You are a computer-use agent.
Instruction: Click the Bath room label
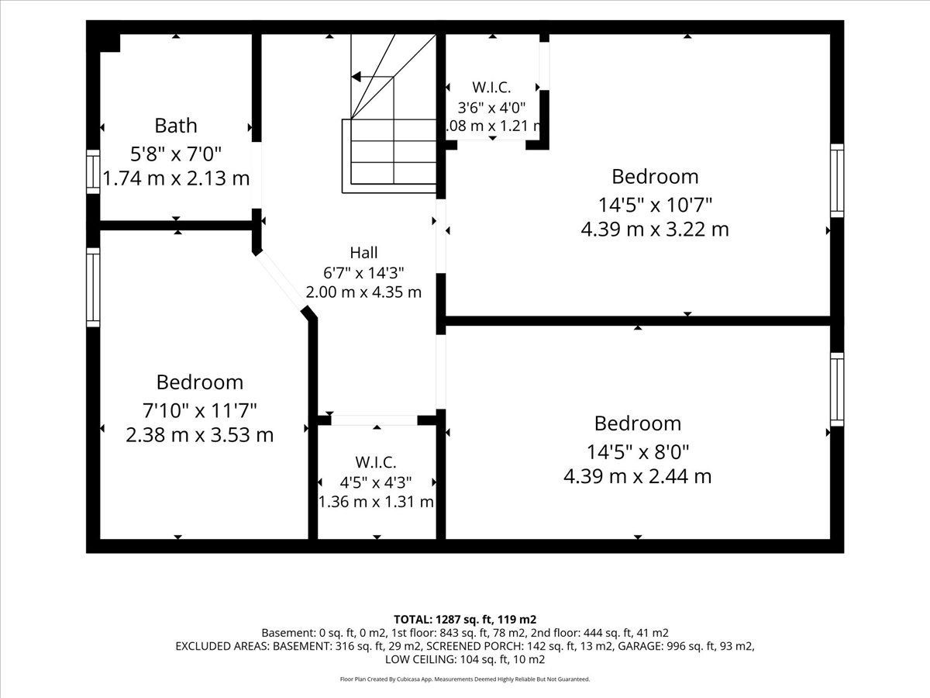pos(176,126)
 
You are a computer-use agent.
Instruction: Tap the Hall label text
pos(363,253)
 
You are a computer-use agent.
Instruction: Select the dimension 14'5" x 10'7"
pos(655,205)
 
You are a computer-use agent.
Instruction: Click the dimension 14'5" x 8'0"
pos(637,452)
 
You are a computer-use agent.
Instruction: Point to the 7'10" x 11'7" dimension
pos(199,411)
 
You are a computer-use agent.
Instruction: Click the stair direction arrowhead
pos(356,77)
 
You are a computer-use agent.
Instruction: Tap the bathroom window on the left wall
pos(93,171)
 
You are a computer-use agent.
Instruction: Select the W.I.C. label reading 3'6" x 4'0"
pos(491,88)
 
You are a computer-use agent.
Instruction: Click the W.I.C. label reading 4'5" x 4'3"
pos(376,462)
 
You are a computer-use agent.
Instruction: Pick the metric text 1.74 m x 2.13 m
pos(176,178)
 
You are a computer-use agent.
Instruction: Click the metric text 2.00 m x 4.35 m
pos(363,292)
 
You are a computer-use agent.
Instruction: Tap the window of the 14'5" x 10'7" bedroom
pos(837,181)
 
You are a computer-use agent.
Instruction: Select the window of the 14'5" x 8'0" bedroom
pos(837,389)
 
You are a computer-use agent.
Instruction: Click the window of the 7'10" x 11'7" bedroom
pos(93,287)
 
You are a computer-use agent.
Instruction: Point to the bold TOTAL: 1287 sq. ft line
pos(465,620)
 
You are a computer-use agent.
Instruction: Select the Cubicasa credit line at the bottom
pos(465,679)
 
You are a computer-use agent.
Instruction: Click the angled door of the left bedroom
pos(280,280)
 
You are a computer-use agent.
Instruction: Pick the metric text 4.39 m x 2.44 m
pos(637,476)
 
